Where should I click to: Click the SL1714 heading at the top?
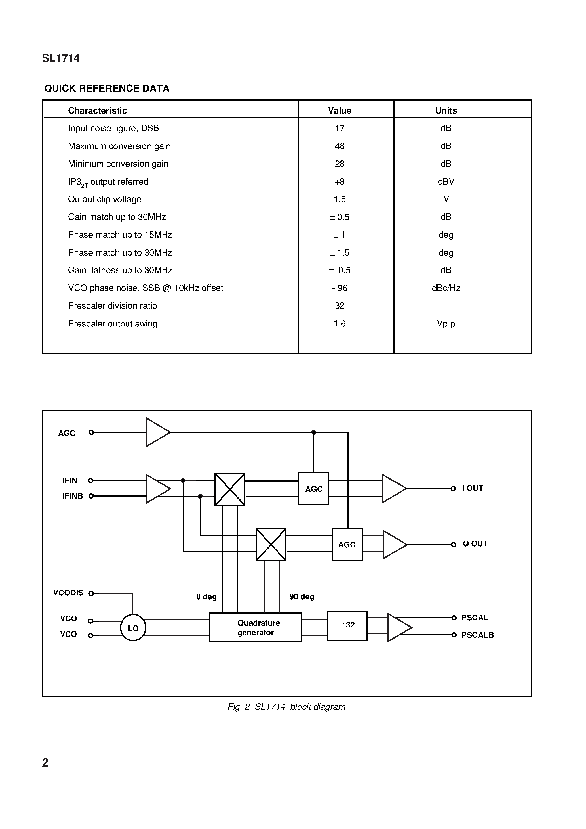click(x=61, y=58)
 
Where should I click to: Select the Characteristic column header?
click(x=97, y=110)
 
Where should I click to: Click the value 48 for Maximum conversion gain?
click(x=340, y=146)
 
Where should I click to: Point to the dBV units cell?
click(x=446, y=182)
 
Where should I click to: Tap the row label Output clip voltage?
click(x=104, y=199)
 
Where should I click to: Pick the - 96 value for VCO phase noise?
click(x=340, y=288)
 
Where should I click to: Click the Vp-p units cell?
click(x=446, y=324)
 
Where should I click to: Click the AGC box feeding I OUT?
click(x=314, y=489)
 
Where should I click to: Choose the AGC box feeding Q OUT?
click(x=347, y=545)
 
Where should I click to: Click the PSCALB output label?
click(x=477, y=635)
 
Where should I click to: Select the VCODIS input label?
click(x=68, y=593)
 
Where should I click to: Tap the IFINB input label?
click(x=73, y=496)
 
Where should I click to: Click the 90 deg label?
click(x=302, y=597)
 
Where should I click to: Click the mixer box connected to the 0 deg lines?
click(x=230, y=489)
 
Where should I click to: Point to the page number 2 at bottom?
click(x=45, y=762)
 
